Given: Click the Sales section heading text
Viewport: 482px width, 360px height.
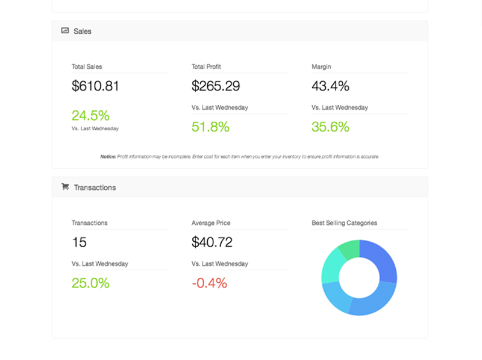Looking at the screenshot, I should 83,31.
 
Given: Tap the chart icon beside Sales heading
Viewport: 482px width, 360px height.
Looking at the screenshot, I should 65,30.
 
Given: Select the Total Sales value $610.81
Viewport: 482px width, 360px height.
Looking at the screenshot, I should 95,86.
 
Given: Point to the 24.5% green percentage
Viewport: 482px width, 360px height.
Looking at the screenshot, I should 90,115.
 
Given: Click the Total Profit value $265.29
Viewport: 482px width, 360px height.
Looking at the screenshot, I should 215,86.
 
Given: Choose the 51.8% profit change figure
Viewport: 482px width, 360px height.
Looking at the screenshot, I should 210,127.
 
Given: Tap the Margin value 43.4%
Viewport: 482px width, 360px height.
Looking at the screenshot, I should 330,86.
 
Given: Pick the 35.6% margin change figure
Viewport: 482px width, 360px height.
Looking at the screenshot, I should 330,127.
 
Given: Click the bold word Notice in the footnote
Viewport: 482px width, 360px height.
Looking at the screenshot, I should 108,157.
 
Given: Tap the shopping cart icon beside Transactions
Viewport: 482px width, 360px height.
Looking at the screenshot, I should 65,187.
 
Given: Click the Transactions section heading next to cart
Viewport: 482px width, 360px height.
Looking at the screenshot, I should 95,188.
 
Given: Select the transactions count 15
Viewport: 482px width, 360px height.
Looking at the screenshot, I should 79,242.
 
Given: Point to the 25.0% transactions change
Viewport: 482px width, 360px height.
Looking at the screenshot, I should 90,283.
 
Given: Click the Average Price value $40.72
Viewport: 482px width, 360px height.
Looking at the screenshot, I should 211,242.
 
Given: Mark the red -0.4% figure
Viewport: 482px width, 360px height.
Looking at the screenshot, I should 209,283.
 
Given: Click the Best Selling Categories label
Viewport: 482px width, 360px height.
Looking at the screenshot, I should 344,223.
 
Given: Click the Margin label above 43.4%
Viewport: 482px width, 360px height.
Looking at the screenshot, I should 321,67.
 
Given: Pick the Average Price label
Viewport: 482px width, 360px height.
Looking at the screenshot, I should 211,223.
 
